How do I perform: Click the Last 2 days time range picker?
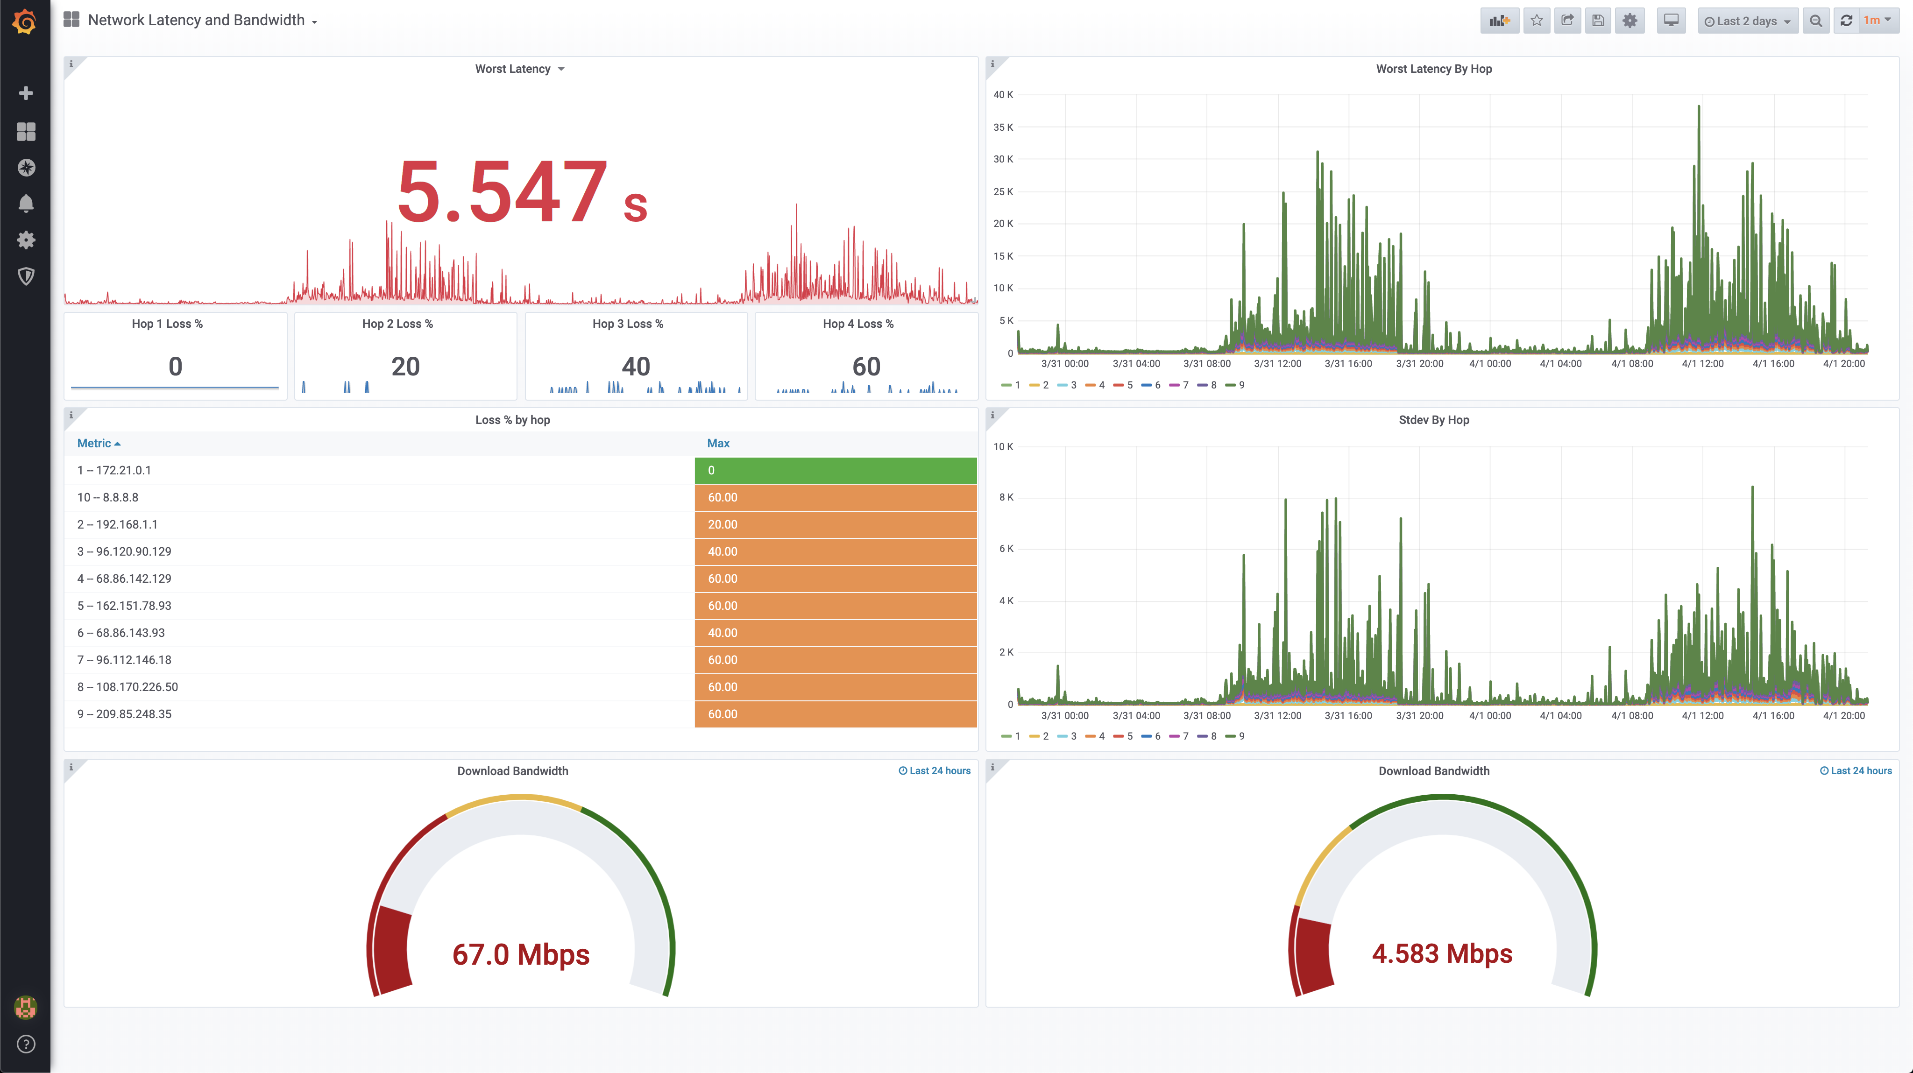click(1747, 21)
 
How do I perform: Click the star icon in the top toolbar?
click(1537, 21)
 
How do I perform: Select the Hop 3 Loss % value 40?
click(636, 366)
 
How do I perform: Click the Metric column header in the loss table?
click(94, 443)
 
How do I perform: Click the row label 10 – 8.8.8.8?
click(108, 498)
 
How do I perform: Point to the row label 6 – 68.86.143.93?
click(121, 633)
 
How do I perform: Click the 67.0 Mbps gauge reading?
click(521, 954)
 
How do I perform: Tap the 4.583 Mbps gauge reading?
click(1441, 953)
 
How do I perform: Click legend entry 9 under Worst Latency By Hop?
click(1236, 385)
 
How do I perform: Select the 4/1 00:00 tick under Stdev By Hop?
click(1489, 716)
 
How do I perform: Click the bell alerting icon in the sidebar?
click(26, 204)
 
